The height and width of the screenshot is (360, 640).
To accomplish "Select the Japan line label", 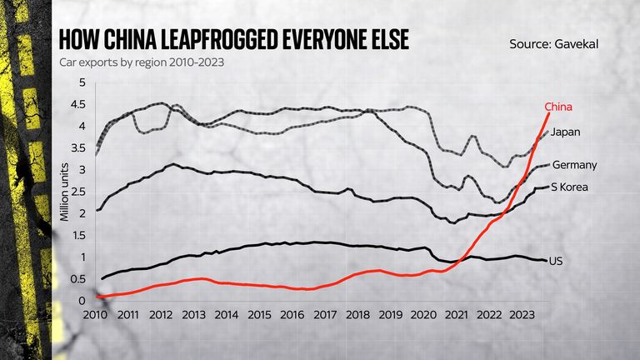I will point(565,132).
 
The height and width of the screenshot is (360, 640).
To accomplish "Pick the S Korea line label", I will point(570,187).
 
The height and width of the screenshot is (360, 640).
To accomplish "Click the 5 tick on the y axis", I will point(82,82).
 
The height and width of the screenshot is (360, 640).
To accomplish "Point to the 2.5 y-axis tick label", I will point(78,192).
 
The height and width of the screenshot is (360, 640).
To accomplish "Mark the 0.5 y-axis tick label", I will point(78,279).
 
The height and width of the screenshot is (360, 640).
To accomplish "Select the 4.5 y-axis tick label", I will point(78,104).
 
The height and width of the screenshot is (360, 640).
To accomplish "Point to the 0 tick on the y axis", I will point(82,301).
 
